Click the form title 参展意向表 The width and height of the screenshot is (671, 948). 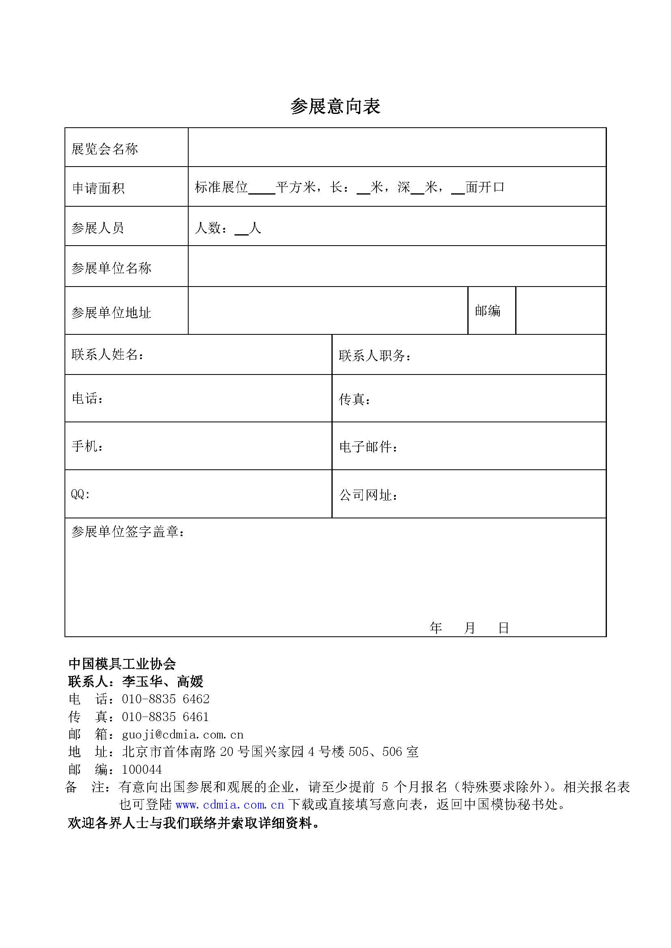pyautogui.click(x=335, y=107)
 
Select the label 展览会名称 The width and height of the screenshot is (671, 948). pyautogui.click(x=105, y=149)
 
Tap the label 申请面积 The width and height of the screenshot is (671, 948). pyautogui.click(x=98, y=188)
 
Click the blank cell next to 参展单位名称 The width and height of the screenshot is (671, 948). pyautogui.click(x=397, y=266)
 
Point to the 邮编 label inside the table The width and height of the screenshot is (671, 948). pyautogui.click(x=488, y=310)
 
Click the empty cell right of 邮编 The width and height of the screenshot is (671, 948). pyautogui.click(x=561, y=310)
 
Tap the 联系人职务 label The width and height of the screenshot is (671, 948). pyautogui.click(x=375, y=355)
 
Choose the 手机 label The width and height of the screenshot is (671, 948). pyautogui.click(x=87, y=446)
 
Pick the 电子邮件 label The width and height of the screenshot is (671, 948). pyautogui.click(x=368, y=447)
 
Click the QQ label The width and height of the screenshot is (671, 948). pyautogui.click(x=80, y=494)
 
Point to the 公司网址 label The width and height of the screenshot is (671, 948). pyautogui.click(x=368, y=494)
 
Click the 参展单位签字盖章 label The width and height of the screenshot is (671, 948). pyautogui.click(x=128, y=532)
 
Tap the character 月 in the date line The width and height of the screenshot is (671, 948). pyautogui.click(x=469, y=628)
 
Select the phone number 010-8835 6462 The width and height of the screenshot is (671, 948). pyautogui.click(x=166, y=699)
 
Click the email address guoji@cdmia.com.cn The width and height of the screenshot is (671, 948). pyautogui.click(x=183, y=734)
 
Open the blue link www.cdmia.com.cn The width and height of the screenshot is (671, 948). pyautogui.click(x=230, y=805)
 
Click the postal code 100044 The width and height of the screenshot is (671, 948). pyautogui.click(x=142, y=770)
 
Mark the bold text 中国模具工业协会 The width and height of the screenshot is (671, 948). pyautogui.click(x=122, y=664)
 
